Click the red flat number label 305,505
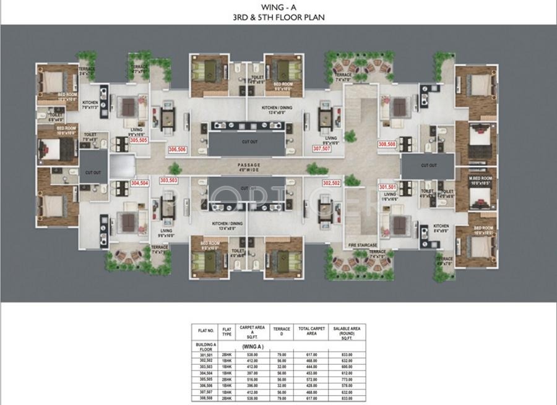point(139,140)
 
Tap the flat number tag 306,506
point(178,149)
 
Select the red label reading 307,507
point(322,149)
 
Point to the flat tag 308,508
point(387,144)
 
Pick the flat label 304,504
point(140,183)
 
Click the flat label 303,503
point(168,181)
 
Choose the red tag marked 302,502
point(332,184)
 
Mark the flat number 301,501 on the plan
point(387,187)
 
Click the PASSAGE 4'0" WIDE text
point(249,167)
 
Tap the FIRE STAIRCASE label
point(363,245)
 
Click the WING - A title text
point(278,7)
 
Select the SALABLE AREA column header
point(347,332)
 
